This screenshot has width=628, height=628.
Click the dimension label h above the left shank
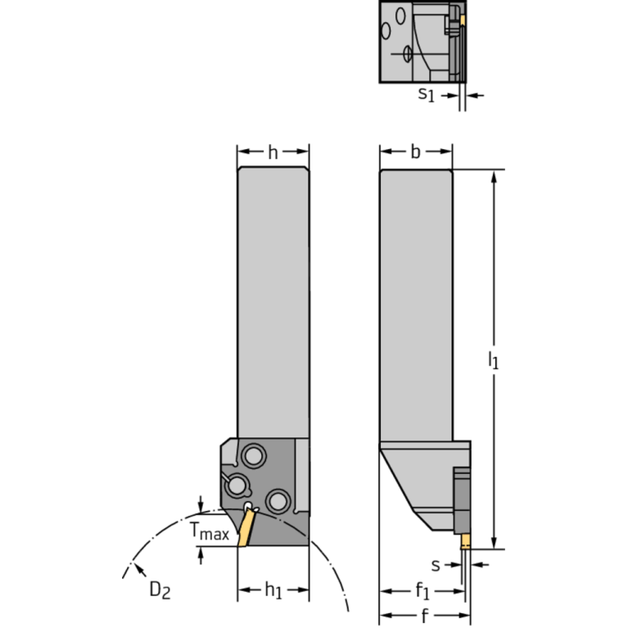(x=273, y=152)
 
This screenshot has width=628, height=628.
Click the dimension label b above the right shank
(x=415, y=151)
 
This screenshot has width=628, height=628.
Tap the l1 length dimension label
(x=494, y=359)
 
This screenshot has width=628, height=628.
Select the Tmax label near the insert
(x=209, y=531)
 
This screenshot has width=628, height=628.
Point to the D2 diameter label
(x=160, y=590)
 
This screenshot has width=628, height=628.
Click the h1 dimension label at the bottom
(x=273, y=590)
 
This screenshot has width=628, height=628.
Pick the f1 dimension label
(x=422, y=591)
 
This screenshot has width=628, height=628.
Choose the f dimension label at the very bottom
(x=425, y=616)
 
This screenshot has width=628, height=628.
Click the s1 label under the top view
(x=426, y=94)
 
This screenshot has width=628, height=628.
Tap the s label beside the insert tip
(x=436, y=566)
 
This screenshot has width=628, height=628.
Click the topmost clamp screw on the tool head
(x=254, y=456)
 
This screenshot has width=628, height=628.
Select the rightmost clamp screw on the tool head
(x=278, y=500)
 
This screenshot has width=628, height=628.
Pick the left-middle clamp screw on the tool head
(x=237, y=486)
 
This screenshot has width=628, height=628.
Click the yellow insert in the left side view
(x=246, y=526)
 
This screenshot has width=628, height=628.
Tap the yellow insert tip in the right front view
(x=465, y=541)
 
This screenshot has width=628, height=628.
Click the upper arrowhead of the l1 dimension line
(x=494, y=177)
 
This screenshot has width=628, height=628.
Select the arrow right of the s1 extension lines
(x=475, y=95)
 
